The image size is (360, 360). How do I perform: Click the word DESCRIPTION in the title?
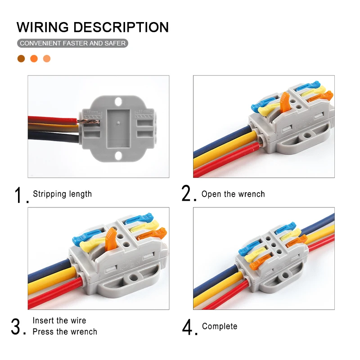tap(121, 27)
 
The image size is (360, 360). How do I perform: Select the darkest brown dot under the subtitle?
tap(21, 58)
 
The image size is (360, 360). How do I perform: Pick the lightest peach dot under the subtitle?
tap(47, 58)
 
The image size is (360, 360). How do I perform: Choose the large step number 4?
tap(188, 327)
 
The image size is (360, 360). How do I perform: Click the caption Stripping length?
tap(62, 194)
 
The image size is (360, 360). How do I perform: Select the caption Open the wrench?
tap(233, 194)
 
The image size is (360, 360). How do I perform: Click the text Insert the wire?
tap(59, 320)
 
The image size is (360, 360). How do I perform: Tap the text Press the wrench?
tap(65, 332)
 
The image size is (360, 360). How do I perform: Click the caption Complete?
tap(220, 326)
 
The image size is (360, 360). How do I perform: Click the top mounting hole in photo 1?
tap(118, 101)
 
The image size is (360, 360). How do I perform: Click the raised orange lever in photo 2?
tap(284, 102)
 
